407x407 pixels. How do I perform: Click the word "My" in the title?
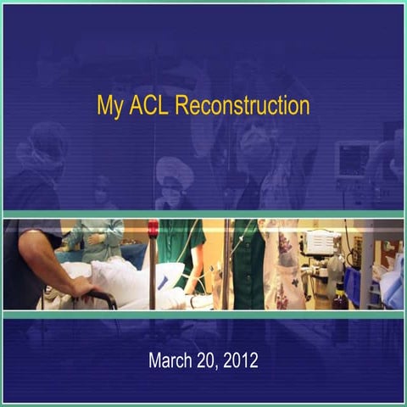[110, 106]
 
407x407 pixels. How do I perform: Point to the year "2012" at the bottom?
[241, 360]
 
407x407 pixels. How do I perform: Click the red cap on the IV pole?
[153, 228]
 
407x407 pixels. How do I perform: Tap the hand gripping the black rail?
[82, 288]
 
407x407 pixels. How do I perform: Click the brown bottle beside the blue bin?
[337, 298]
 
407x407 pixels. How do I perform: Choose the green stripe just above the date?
[203, 314]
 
